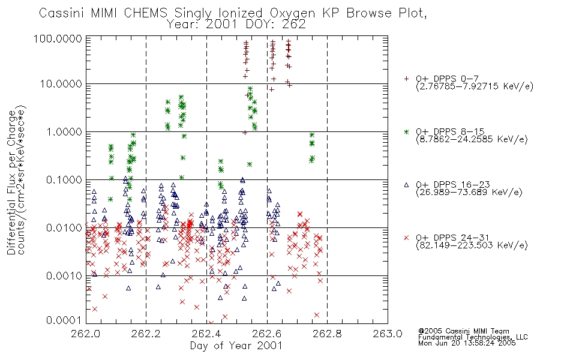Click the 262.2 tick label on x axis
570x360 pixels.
(146, 334)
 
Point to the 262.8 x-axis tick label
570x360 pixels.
(327, 334)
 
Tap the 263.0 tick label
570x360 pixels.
(388, 334)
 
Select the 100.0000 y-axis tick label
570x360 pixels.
(58, 38)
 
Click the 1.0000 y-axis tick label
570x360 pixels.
(64, 131)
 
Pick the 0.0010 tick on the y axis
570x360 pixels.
(64, 275)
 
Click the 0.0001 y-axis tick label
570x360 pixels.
(64, 320)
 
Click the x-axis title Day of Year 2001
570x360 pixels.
(236, 346)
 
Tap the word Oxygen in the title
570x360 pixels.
(292, 13)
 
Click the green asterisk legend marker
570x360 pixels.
(406, 131)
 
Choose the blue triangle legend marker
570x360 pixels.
(406, 185)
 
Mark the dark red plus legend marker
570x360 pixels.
(406, 79)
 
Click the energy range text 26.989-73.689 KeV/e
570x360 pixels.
(469, 193)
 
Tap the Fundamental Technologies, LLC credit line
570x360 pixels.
(473, 337)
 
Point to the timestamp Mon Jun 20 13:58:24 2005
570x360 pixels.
(467, 343)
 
